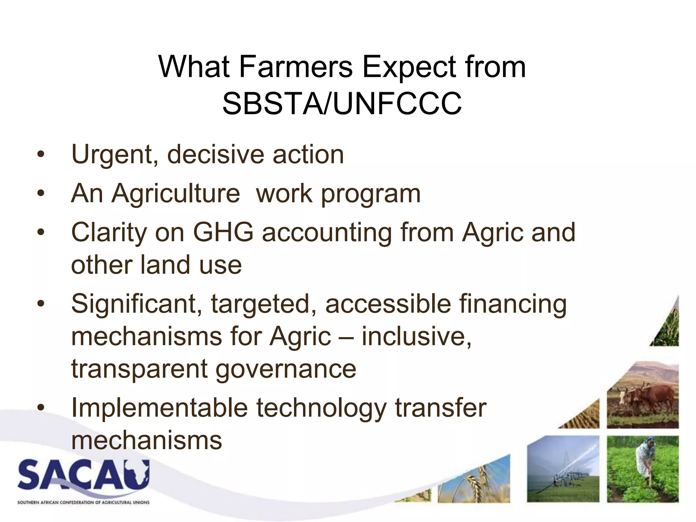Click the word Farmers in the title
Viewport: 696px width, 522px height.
[296, 67]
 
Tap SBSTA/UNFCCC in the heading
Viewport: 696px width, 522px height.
[342, 104]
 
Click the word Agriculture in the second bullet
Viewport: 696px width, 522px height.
[176, 194]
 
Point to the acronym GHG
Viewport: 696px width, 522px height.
[223, 232]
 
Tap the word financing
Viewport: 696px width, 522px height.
[513, 304]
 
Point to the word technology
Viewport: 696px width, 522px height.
[321, 408]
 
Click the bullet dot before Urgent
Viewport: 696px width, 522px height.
[41, 155]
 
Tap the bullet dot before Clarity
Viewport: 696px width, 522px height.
[41, 233]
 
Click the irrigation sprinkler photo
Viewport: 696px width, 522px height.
[563, 469]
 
